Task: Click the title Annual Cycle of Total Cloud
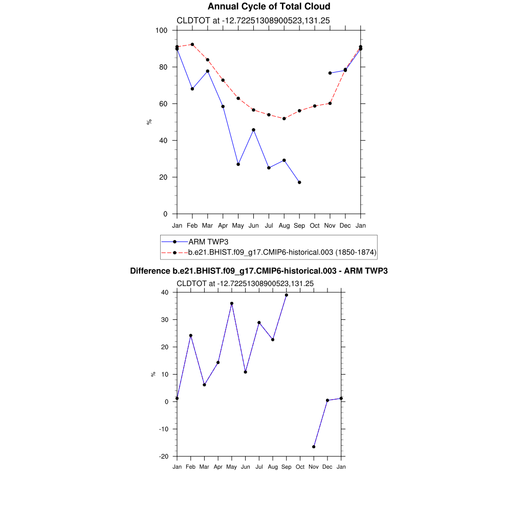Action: pyautogui.click(x=269, y=7)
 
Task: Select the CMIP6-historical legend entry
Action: pyautogui.click(x=282, y=252)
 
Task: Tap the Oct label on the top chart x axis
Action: pyautogui.click(x=315, y=226)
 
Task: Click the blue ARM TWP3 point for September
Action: pyautogui.click(x=299, y=182)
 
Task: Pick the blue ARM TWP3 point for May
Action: pyautogui.click(x=238, y=164)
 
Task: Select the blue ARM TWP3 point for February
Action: pyautogui.click(x=192, y=89)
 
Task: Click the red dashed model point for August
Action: pyautogui.click(x=284, y=119)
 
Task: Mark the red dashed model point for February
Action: pyautogui.click(x=192, y=45)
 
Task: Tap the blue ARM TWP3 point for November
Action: pyautogui.click(x=330, y=73)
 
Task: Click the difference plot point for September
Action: pyautogui.click(x=287, y=295)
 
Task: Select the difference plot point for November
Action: pyautogui.click(x=314, y=447)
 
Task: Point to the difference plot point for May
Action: pyautogui.click(x=232, y=303)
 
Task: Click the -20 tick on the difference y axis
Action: pyautogui.click(x=165, y=456)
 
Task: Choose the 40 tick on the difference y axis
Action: pyautogui.click(x=165, y=293)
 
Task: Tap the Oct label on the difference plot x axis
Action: pyautogui.click(x=300, y=467)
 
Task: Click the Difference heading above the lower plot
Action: pyautogui.click(x=259, y=271)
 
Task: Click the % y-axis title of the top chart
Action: pyautogui.click(x=149, y=122)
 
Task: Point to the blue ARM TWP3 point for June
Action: pyautogui.click(x=253, y=130)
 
